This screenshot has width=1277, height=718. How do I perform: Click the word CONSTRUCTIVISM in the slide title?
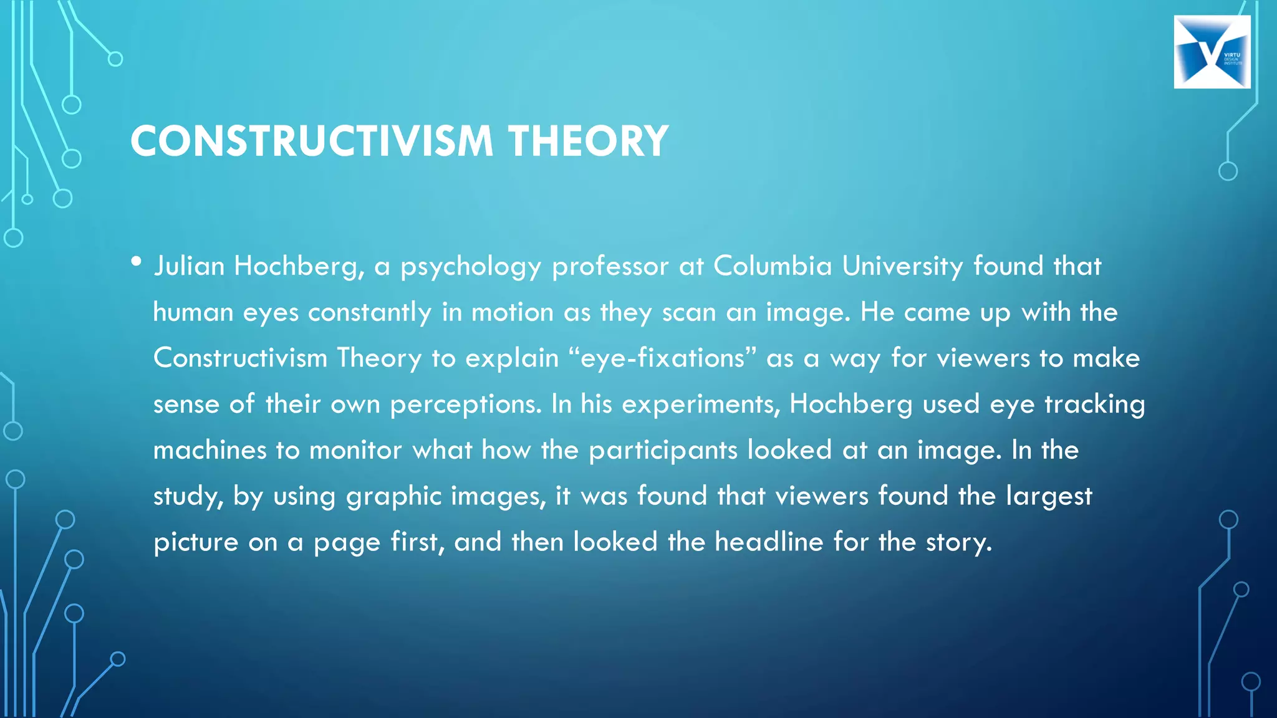tap(312, 141)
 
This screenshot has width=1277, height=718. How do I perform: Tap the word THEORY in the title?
tap(588, 141)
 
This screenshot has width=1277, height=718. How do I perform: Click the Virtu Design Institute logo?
tap(1212, 52)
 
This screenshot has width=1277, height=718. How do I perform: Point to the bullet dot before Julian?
tap(137, 262)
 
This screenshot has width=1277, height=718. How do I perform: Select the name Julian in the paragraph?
tap(189, 267)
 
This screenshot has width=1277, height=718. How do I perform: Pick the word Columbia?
tap(773, 266)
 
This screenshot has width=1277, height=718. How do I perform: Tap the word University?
tap(902, 267)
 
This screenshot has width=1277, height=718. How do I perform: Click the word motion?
tap(512, 312)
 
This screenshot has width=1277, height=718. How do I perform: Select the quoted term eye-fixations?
tap(662, 358)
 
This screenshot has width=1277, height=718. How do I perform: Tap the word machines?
tap(210, 450)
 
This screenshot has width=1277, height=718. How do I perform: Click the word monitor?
tap(355, 450)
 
